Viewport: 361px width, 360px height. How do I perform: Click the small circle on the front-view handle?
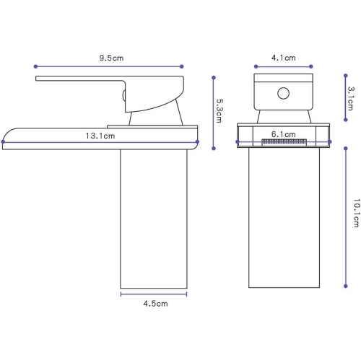click(x=284, y=92)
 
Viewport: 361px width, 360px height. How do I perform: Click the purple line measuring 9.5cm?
click(x=108, y=66)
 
